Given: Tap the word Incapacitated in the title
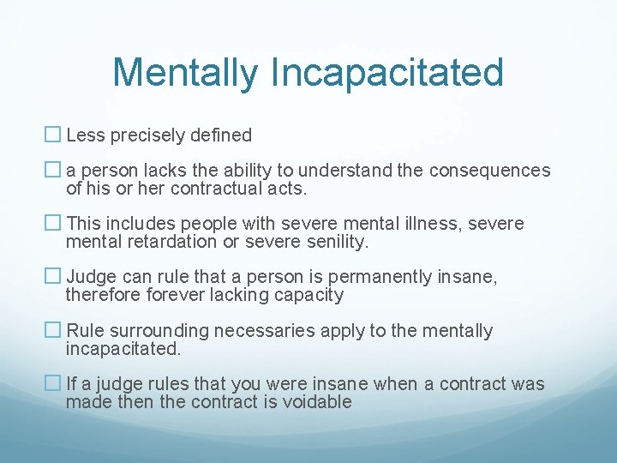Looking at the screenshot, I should [x=386, y=73].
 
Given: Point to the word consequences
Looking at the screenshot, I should [x=489, y=171].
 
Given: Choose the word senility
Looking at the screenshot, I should [x=333, y=242].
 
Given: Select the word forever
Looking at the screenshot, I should [x=190, y=295].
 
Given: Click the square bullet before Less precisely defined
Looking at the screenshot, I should [x=53, y=135].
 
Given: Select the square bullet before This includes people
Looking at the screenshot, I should [x=53, y=224].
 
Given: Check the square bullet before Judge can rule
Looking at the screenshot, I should [x=53, y=277].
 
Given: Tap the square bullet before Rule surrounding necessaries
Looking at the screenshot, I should [x=53, y=331].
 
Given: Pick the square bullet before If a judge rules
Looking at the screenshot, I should [x=53, y=383].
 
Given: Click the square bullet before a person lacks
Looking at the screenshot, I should [x=53, y=171].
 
